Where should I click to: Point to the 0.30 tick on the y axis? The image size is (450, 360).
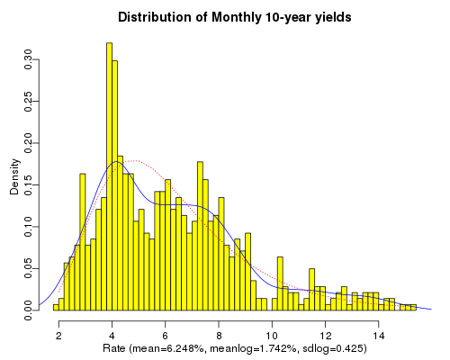click(29, 61)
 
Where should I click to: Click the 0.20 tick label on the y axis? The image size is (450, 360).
click(29, 144)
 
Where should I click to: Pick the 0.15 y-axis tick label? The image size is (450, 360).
click(29, 185)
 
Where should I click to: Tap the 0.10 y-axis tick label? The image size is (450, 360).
click(29, 227)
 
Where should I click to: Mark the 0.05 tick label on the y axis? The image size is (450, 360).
click(29, 268)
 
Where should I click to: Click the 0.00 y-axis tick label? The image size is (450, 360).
click(29, 310)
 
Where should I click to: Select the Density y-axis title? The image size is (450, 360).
click(14, 177)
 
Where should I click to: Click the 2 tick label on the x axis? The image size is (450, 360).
click(58, 335)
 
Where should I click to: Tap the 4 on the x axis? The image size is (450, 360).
click(112, 335)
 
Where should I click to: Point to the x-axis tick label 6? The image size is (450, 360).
click(166, 335)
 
